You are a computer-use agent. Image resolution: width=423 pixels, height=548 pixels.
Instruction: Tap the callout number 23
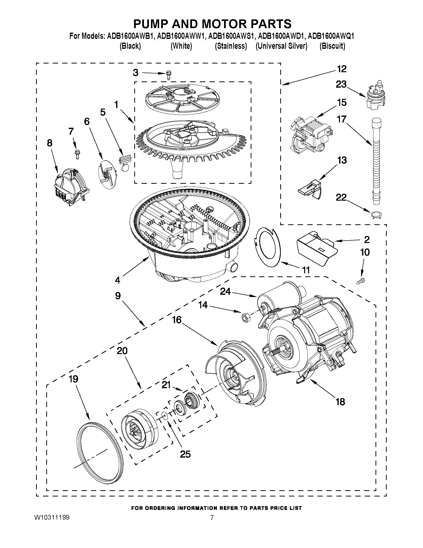(x=341, y=85)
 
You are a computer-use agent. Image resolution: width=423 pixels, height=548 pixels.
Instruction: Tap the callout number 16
(x=177, y=320)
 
